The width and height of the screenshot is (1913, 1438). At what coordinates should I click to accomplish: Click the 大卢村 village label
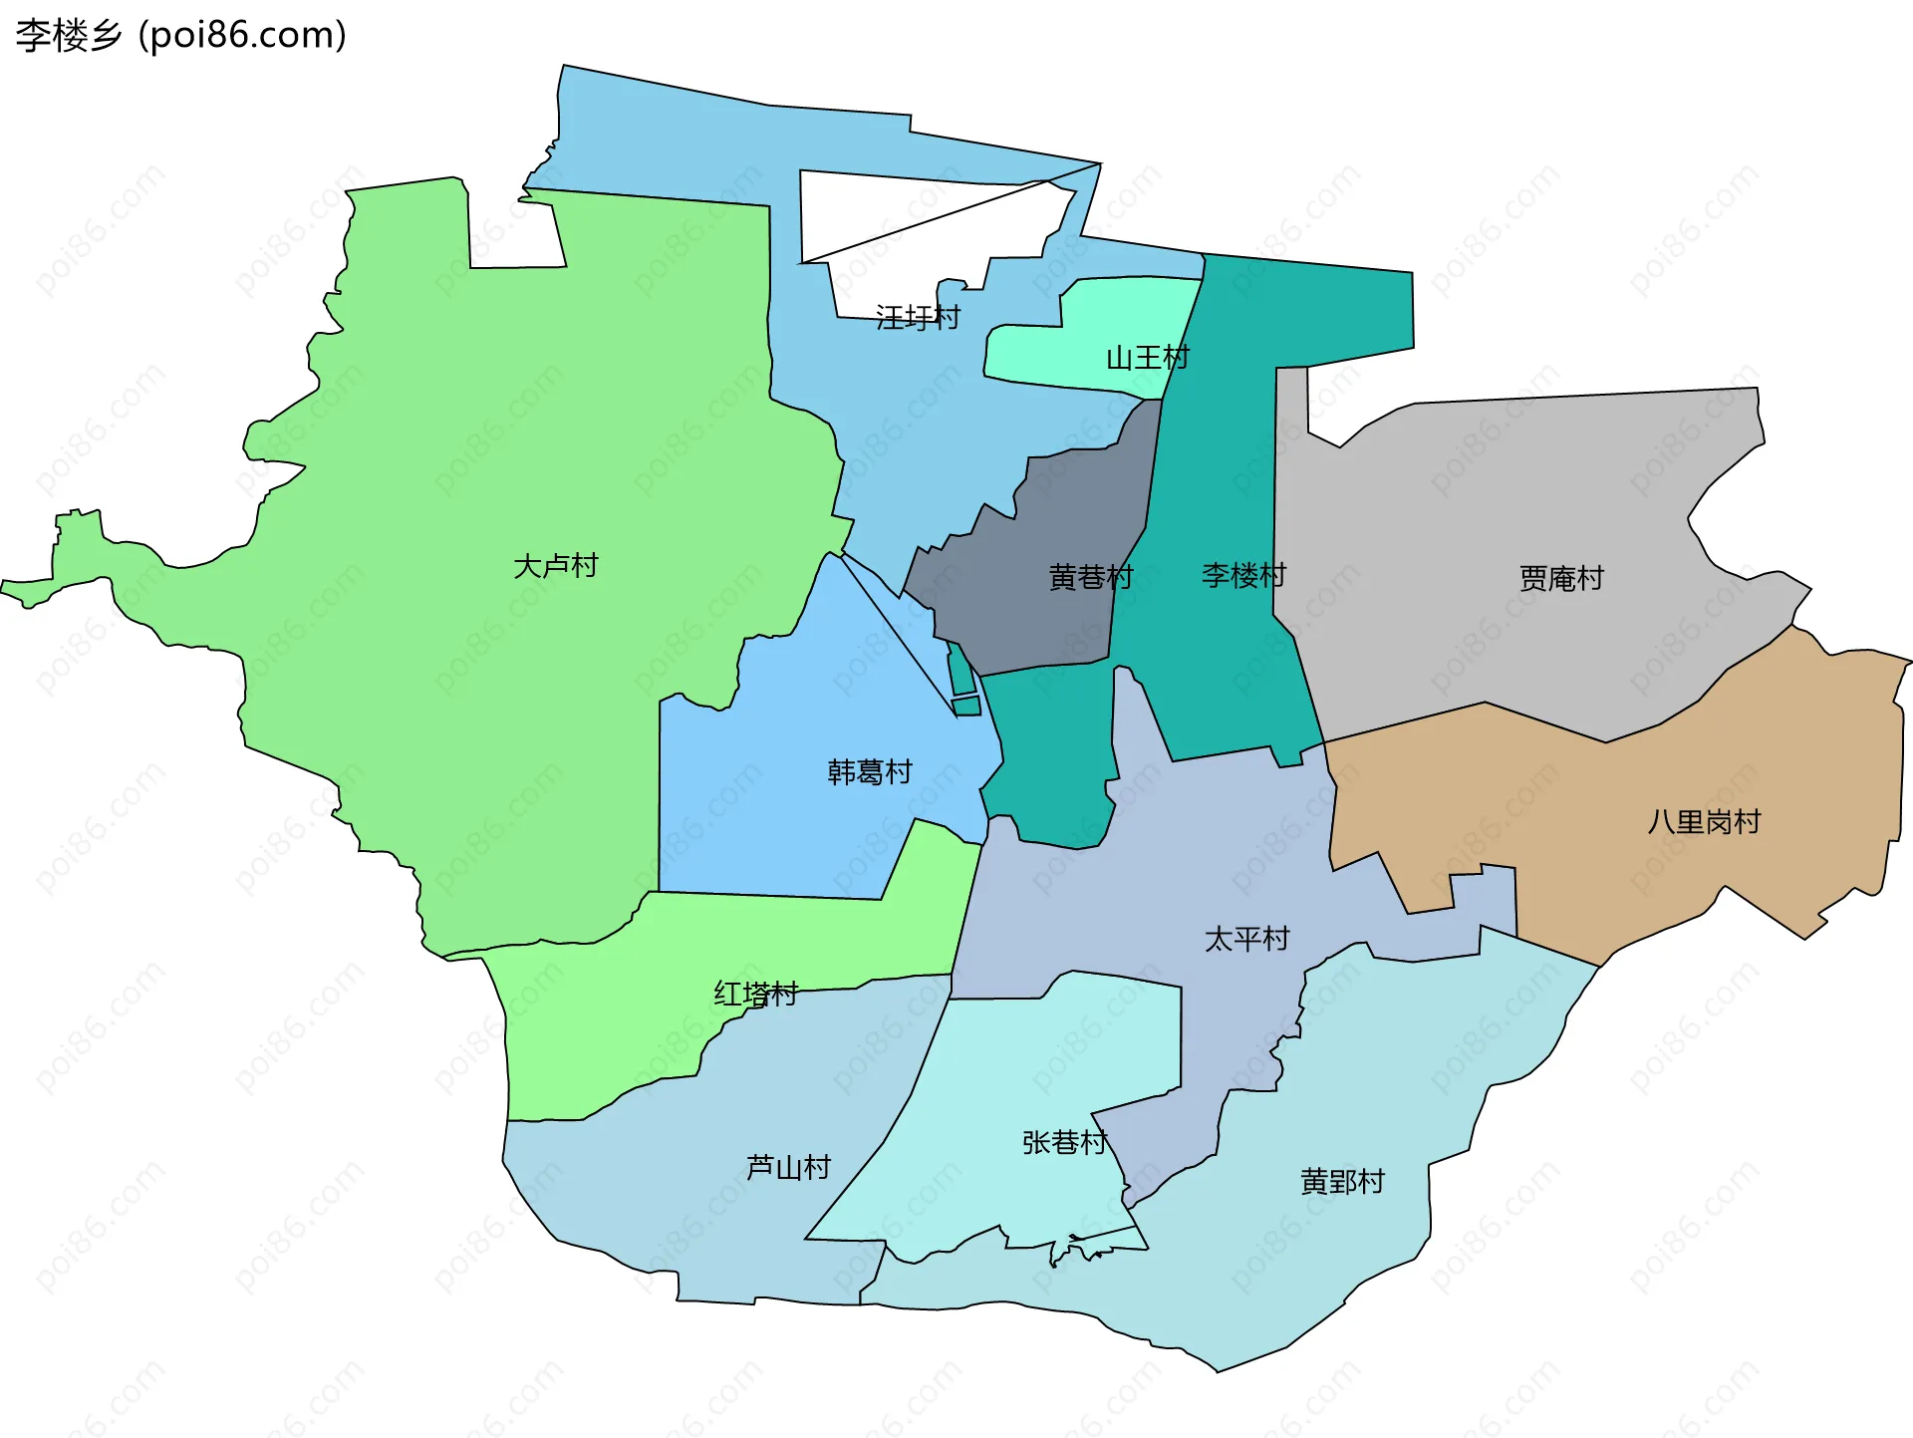pyautogui.click(x=555, y=566)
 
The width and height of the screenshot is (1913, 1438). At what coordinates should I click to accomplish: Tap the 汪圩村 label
pyautogui.click(x=918, y=318)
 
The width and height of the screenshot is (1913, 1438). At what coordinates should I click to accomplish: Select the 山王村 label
pyautogui.click(x=1148, y=358)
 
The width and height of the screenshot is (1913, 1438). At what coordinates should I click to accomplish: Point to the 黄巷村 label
pyautogui.click(x=1091, y=578)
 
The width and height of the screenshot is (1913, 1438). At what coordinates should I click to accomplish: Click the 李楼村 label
pyautogui.click(x=1243, y=575)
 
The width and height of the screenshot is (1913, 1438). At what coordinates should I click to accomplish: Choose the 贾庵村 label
pyautogui.click(x=1561, y=579)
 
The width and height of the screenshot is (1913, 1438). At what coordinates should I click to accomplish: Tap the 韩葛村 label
pyautogui.click(x=870, y=772)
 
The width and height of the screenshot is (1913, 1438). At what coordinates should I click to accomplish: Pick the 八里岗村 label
pyautogui.click(x=1704, y=822)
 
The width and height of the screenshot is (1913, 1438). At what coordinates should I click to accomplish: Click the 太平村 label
pyautogui.click(x=1246, y=939)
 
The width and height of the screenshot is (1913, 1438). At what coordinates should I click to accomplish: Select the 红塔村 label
pyautogui.click(x=756, y=994)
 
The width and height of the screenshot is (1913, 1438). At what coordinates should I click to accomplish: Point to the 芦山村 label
pyautogui.click(x=788, y=1167)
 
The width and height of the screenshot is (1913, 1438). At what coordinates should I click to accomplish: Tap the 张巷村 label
pyautogui.click(x=1064, y=1143)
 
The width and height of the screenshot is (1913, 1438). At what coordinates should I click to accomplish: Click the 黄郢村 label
pyautogui.click(x=1342, y=1182)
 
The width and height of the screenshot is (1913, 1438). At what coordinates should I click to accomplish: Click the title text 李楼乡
pyautogui.click(x=68, y=36)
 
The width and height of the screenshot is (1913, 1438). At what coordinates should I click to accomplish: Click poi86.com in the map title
pyautogui.click(x=242, y=36)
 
